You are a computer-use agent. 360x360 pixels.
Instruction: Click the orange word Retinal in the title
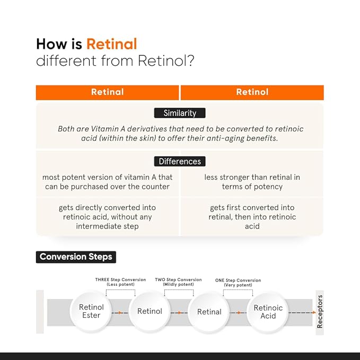tap(112, 44)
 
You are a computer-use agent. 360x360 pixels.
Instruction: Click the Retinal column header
tap(107, 92)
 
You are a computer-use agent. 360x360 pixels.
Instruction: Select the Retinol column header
tap(252, 92)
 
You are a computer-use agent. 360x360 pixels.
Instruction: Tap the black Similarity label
tap(180, 113)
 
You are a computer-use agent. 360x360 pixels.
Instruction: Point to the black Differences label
tap(180, 161)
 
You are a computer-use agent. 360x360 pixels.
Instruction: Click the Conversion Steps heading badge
tap(76, 257)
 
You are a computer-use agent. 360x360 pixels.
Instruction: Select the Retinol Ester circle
tap(91, 311)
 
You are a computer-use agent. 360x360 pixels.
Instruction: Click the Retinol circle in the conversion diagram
tap(150, 311)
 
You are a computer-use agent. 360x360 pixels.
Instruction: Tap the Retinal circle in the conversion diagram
tap(209, 312)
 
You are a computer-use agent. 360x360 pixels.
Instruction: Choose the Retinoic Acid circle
tap(268, 312)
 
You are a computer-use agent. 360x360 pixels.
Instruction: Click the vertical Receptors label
tap(320, 312)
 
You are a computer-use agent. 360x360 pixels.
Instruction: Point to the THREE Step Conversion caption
tap(120, 282)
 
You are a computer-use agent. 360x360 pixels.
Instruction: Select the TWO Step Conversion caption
tap(178, 282)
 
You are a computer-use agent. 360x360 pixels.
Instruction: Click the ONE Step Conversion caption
tap(238, 283)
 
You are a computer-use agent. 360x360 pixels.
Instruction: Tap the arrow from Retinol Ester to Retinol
tap(120, 313)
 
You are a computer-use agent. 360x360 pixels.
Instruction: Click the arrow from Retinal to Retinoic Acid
tap(238, 313)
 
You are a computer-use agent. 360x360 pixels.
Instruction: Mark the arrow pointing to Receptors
tap(302, 312)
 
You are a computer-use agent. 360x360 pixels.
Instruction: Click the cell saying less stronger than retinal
tap(252, 182)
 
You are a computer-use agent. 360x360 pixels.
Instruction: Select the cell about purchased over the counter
tap(107, 182)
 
